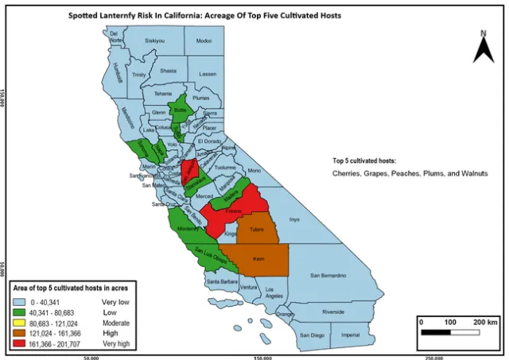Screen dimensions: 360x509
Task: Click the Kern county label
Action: pyautogui.click(x=258, y=259)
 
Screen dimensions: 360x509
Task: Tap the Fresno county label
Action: pyautogui.click(x=234, y=213)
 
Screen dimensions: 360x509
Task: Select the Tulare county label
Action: pyautogui.click(x=257, y=230)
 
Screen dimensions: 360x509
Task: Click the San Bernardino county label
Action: pyautogui.click(x=328, y=276)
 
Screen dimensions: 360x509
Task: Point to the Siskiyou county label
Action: pyautogui.click(x=154, y=41)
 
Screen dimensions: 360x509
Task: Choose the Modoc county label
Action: pyautogui.click(x=204, y=41)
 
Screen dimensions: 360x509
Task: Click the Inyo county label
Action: pyautogui.click(x=294, y=219)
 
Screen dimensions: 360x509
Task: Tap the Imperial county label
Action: pyautogui.click(x=350, y=335)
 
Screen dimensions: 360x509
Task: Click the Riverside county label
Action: pyautogui.click(x=332, y=312)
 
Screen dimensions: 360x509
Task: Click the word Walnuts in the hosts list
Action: pyautogui.click(x=469, y=172)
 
